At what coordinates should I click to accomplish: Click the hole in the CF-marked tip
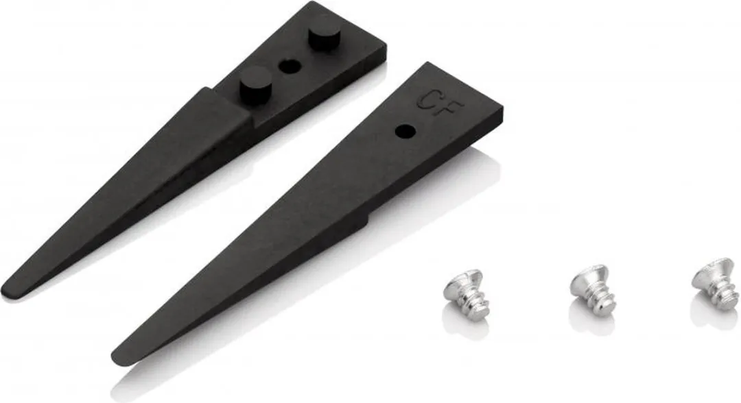405,132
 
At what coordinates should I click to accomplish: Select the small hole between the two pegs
290,66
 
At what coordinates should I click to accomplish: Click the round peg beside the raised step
256,84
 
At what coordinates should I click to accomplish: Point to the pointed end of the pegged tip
5,291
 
